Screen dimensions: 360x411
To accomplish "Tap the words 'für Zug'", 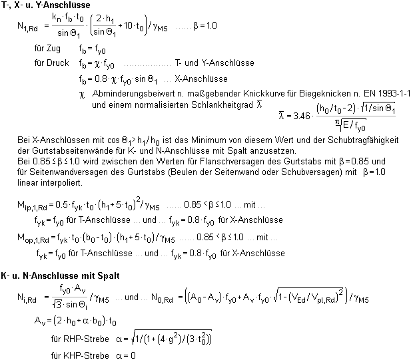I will pos(47,50).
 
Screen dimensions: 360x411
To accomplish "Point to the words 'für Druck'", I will pos(50,63).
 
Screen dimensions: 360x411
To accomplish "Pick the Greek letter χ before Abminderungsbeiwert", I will pos(82,94).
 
